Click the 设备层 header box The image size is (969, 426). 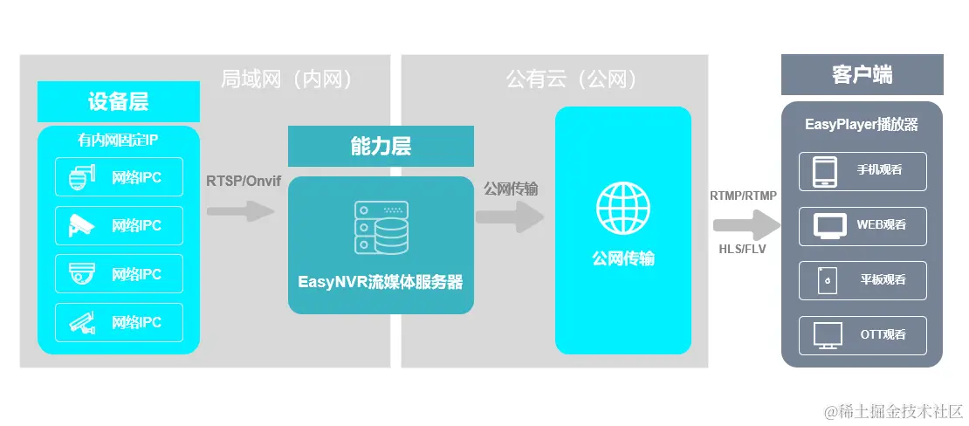coord(119,101)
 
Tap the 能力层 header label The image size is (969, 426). coord(381,146)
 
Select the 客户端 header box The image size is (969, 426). coord(862,74)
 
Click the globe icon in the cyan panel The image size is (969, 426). coord(623,207)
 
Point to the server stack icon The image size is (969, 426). coord(381,228)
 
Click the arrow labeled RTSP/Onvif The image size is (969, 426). coord(241,210)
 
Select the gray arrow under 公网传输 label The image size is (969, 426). coord(510,216)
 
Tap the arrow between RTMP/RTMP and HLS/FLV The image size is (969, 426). coord(746,225)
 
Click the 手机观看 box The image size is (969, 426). coord(862,171)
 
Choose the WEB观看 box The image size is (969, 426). coord(862,225)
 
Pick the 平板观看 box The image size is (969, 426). coord(862,279)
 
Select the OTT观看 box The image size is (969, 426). coord(862,334)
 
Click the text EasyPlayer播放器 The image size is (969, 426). coord(862,125)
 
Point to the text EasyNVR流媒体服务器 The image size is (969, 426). coord(381,282)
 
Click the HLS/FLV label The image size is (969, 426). coord(743,249)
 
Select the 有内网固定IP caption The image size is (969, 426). coord(118,139)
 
